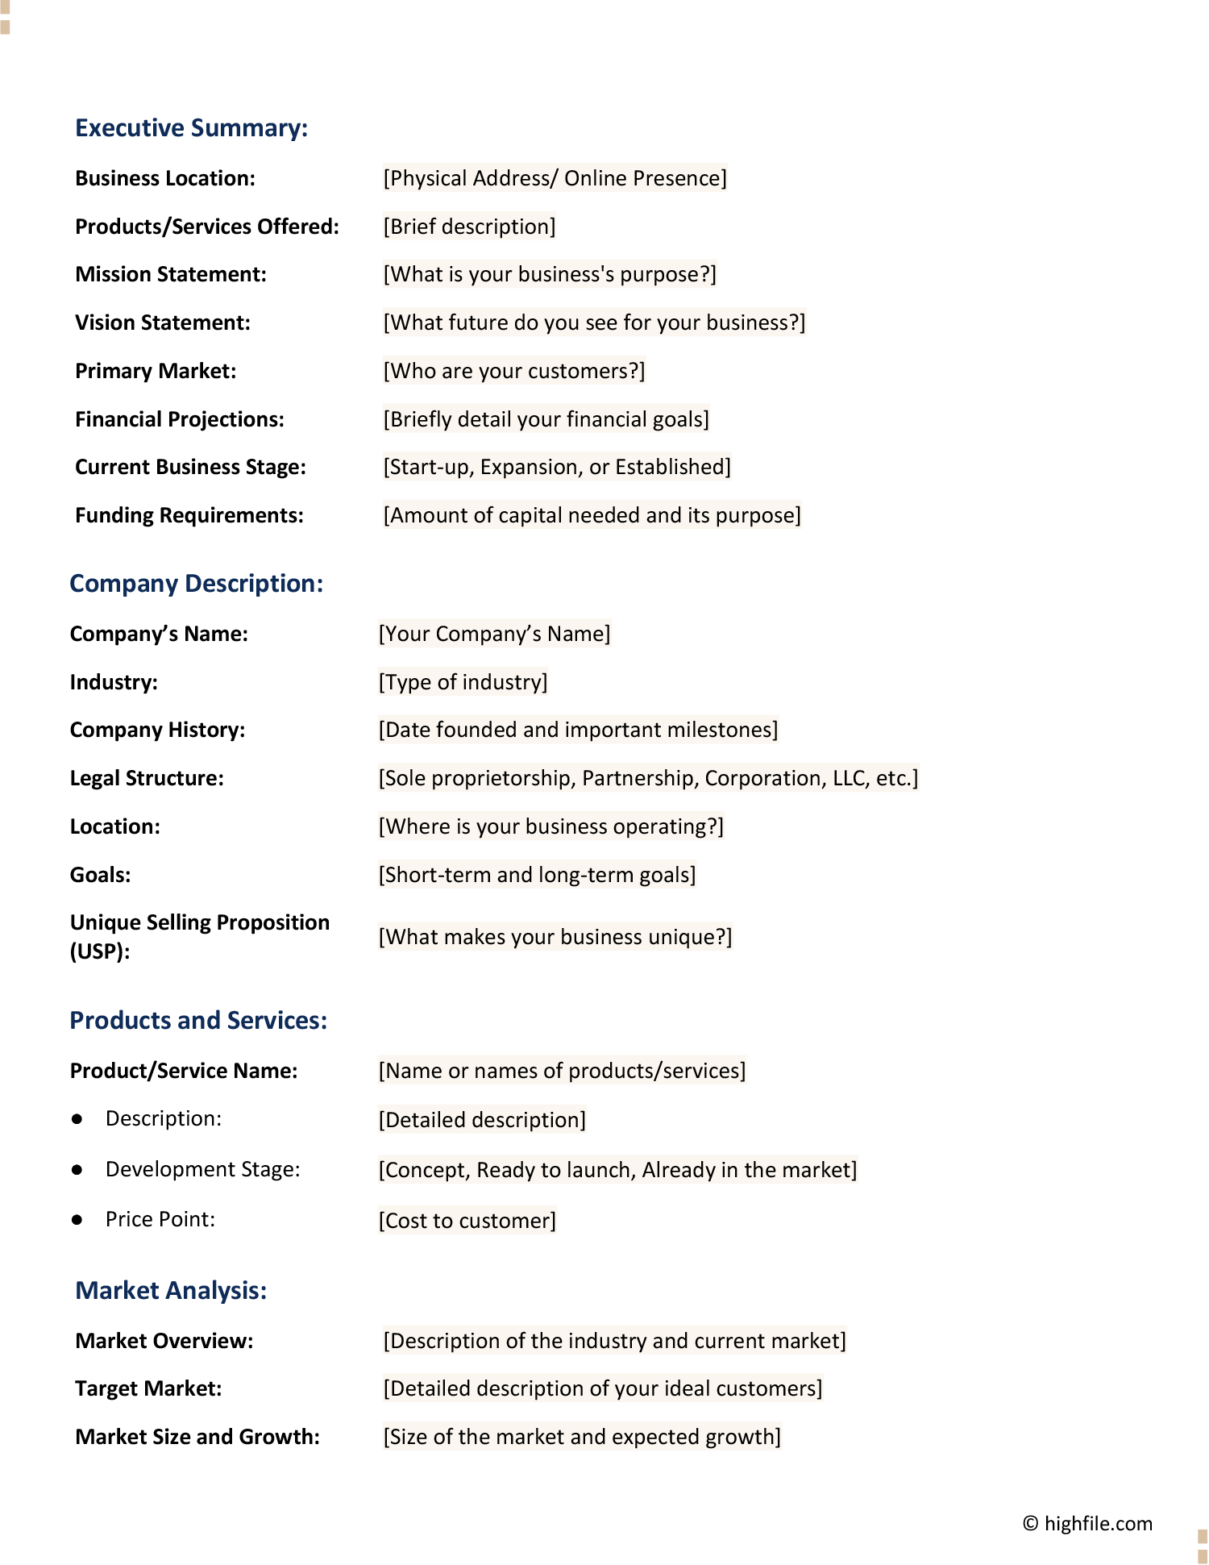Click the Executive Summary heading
191,128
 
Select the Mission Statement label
170,274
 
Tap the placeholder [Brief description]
469,227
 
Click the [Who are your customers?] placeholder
514,371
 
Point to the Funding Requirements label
189,515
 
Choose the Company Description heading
196,584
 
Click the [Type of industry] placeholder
463,682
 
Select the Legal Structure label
147,778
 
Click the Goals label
100,875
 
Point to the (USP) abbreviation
100,951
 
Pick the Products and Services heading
198,1021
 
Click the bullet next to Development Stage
77,1170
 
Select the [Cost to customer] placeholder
467,1221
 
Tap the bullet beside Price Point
77,1220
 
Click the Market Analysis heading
171,1291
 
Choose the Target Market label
148,1388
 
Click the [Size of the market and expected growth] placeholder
582,1437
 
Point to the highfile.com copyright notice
1087,1523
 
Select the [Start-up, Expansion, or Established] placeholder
557,467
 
